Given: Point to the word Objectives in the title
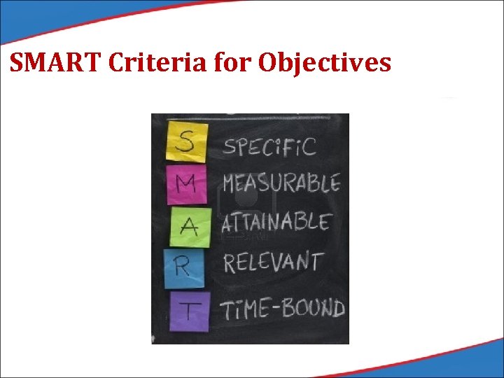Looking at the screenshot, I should [x=325, y=64].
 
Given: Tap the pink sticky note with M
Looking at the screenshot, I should [x=187, y=183].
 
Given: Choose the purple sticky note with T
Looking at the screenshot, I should [x=189, y=310].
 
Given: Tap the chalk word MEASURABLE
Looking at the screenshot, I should [x=281, y=184].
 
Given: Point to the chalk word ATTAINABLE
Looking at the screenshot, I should [x=276, y=223].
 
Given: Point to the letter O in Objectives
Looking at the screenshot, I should [x=269, y=64].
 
